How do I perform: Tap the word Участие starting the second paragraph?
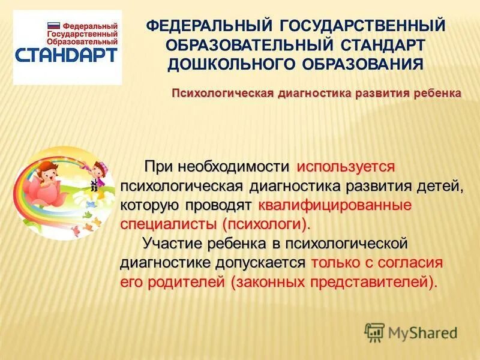click(172, 244)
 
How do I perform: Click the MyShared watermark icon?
click(374, 332)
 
